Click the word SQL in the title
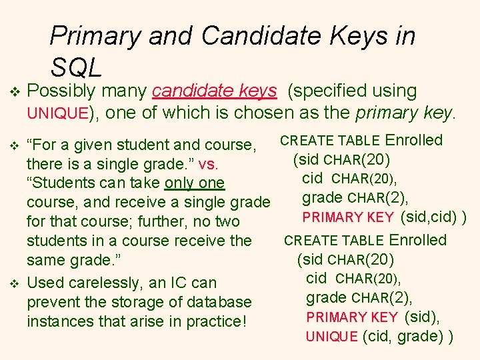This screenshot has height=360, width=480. [76, 67]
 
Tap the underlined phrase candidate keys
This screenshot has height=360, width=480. [214, 91]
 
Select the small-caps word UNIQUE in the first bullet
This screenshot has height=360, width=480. [57, 114]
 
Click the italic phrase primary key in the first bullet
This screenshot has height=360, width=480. [404, 113]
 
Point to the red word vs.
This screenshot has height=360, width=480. [219, 164]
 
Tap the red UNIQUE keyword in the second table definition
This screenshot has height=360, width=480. [331, 337]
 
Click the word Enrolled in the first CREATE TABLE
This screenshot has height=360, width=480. [414, 140]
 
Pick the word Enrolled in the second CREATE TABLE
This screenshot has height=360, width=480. [418, 240]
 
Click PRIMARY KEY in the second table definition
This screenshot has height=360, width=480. [352, 317]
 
